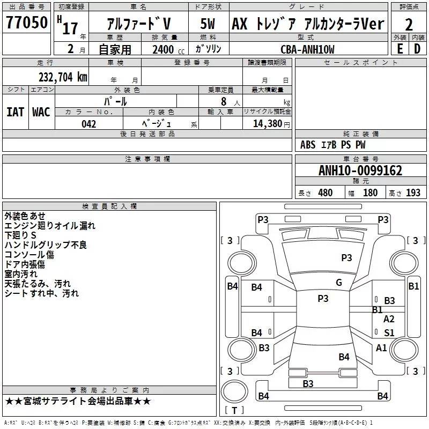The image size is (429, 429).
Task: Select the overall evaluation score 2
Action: [409, 24]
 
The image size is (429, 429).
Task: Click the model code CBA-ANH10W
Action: [307, 49]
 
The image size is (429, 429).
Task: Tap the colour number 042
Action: [89, 124]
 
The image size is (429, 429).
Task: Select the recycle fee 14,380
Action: [267, 124]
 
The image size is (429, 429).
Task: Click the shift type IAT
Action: [15, 112]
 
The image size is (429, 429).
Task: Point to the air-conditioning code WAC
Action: [41, 112]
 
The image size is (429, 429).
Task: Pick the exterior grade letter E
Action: [400, 49]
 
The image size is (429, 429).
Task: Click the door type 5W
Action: [208, 24]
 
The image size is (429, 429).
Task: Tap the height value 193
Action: [413, 193]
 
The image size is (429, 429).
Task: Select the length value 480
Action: [325, 193]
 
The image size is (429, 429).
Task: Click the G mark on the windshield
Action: [338, 283]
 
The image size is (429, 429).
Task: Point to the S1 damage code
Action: [389, 332]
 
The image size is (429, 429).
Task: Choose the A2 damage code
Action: [389, 319]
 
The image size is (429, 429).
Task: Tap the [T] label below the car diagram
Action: [234, 410]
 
